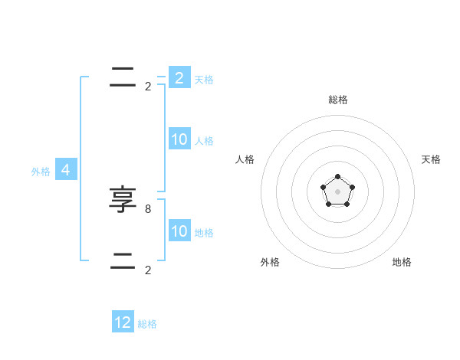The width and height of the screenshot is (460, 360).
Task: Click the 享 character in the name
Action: [x=123, y=200]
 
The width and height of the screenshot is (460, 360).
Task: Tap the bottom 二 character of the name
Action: [x=123, y=261]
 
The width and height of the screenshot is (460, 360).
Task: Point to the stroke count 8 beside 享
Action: [x=148, y=208]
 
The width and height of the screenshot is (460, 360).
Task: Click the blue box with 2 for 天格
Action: [x=179, y=77]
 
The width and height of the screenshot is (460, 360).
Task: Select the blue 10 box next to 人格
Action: [x=179, y=139]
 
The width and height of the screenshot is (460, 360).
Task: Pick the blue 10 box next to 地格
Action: [x=179, y=231]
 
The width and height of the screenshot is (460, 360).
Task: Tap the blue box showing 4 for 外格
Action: [x=66, y=170]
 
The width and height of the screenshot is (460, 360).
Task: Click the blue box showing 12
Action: [x=123, y=322]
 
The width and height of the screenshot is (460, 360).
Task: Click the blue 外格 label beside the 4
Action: [x=41, y=172]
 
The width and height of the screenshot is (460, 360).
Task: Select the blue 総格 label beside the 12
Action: [x=147, y=324]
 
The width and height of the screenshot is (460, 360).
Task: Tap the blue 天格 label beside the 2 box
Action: [x=204, y=79]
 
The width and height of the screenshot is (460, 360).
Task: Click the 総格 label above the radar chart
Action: [x=338, y=100]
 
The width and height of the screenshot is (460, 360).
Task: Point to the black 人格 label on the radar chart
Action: [x=245, y=159]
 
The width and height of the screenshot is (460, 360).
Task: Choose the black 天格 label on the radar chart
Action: [x=431, y=159]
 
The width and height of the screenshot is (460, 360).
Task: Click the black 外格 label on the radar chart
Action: [x=270, y=262]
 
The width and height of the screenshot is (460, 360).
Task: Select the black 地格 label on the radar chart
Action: [x=402, y=262]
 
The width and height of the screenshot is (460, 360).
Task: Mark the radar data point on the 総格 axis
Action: [x=338, y=177]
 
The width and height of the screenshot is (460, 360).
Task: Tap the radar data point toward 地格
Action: [x=347, y=204]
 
